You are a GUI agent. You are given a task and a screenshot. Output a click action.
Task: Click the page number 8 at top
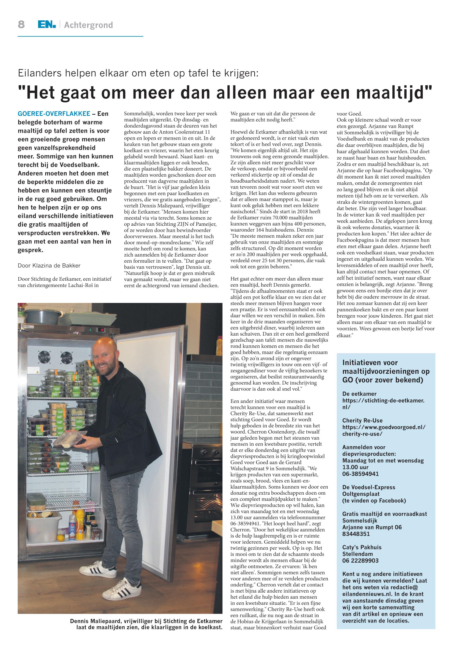pyautogui.click(x=21, y=25)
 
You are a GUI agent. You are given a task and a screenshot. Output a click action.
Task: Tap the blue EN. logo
pyautogui.click(x=47, y=25)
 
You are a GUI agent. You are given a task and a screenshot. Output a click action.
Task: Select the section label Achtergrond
pyautogui.click(x=88, y=25)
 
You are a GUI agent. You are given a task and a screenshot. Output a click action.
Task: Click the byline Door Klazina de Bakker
pyautogui.click(x=49, y=266)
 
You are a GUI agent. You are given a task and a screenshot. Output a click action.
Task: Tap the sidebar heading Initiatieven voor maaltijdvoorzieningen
pyautogui.click(x=382, y=371)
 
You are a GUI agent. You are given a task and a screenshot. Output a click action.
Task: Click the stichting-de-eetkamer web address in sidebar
pyautogui.click(x=383, y=401)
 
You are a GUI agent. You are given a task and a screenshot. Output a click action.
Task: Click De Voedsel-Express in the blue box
pyautogui.click(x=369, y=487)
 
